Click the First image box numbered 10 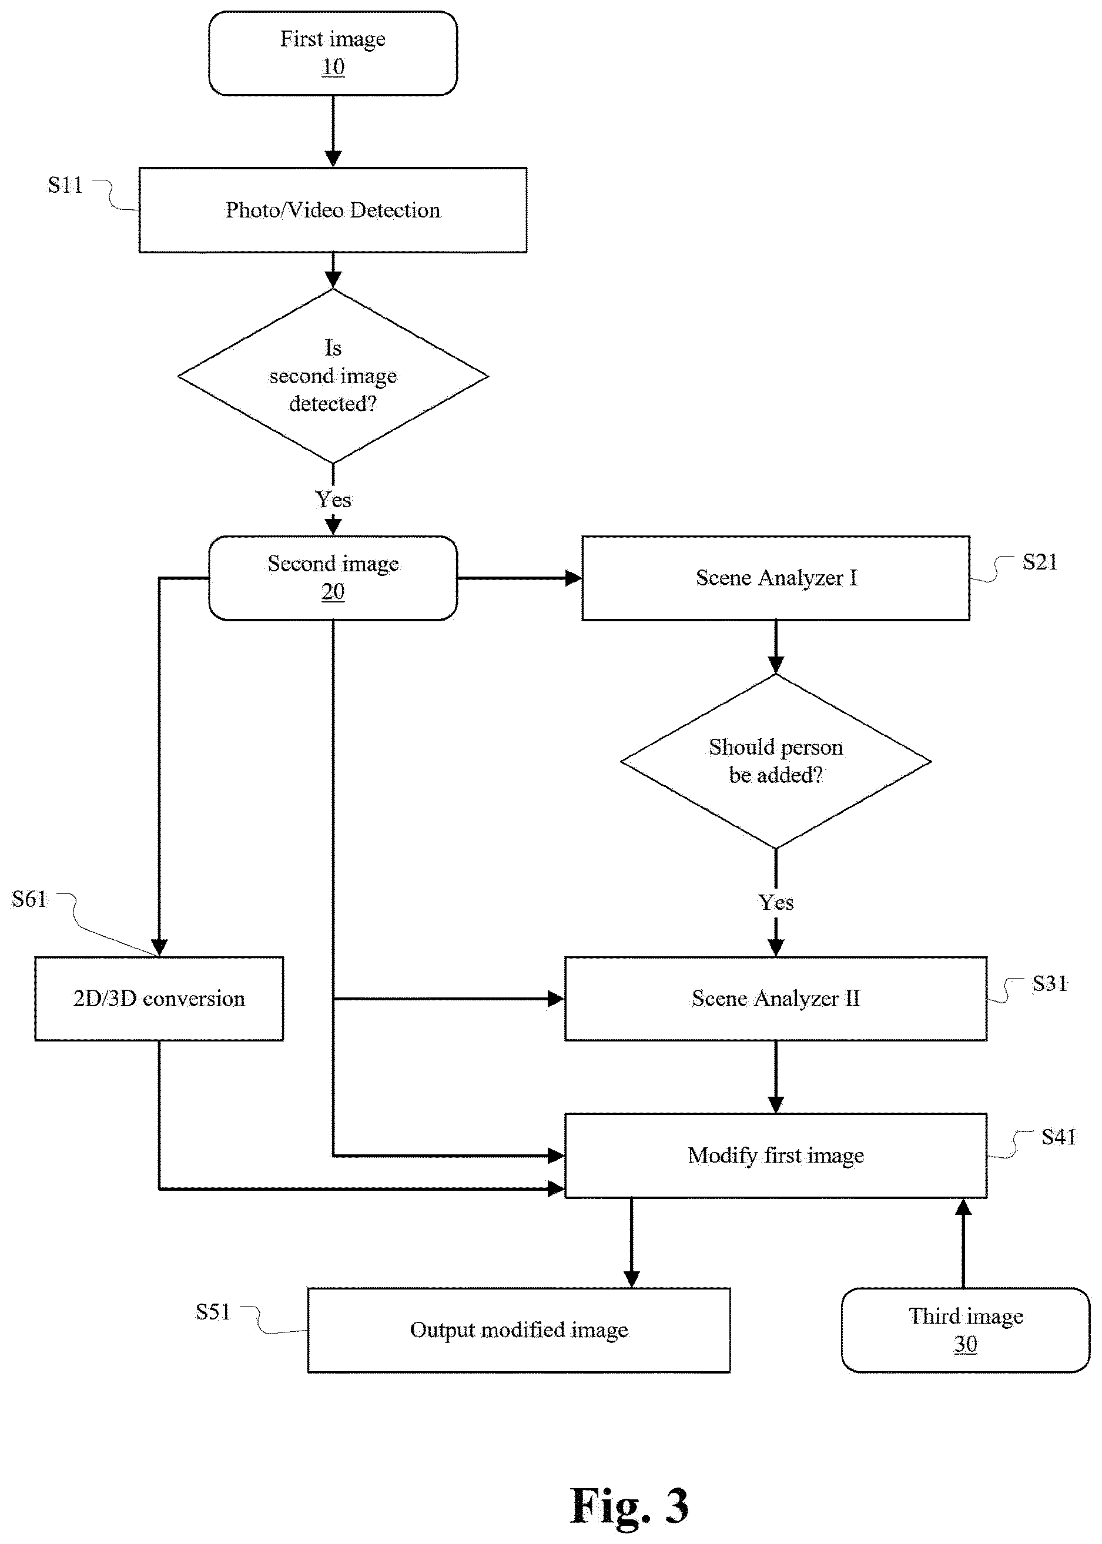click(333, 53)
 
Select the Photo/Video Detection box click(333, 210)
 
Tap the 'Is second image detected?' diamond click(333, 376)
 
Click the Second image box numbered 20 click(333, 578)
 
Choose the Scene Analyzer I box click(776, 578)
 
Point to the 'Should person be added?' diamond click(776, 761)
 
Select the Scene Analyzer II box click(776, 999)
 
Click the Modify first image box click(776, 1156)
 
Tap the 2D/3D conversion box click(159, 999)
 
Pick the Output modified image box click(519, 1330)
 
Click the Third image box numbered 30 click(966, 1330)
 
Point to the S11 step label click(65, 185)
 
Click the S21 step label click(1040, 562)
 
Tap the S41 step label click(1059, 1136)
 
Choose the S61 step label click(29, 899)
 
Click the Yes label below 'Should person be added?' click(776, 902)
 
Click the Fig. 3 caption click(629, 1505)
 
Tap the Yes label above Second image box click(333, 500)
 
